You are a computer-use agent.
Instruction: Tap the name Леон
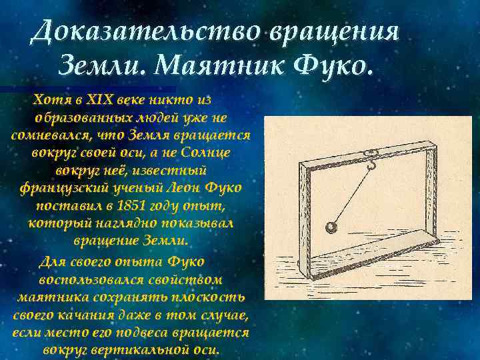click(x=181, y=188)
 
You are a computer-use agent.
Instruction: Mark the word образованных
click(x=73, y=118)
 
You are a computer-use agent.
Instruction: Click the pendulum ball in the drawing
click(x=331, y=228)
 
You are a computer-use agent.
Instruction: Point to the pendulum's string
click(x=353, y=193)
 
